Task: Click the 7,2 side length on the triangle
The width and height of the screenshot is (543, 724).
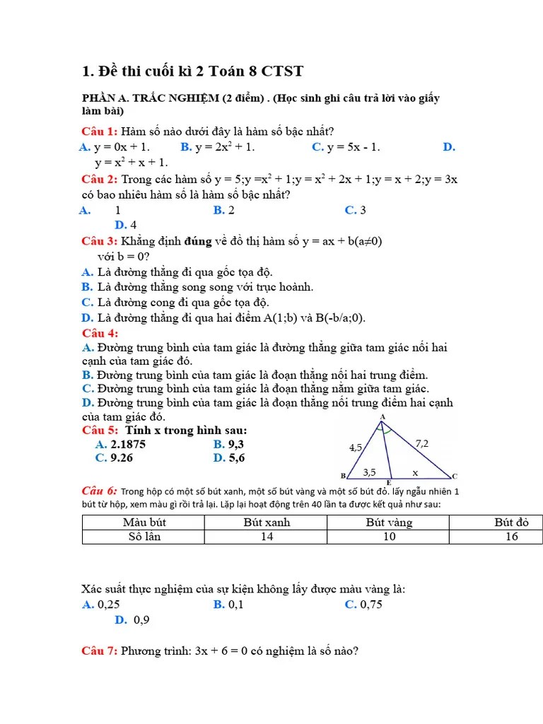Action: (x=422, y=443)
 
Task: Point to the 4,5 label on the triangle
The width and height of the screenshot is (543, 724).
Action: (x=356, y=448)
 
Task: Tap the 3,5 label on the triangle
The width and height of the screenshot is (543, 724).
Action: (x=369, y=472)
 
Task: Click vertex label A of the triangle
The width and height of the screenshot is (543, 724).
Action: (x=383, y=417)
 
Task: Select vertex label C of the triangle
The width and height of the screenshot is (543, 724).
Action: (x=455, y=476)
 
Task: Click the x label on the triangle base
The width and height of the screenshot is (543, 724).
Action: (x=415, y=472)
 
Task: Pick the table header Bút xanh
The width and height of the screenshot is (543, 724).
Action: (x=267, y=522)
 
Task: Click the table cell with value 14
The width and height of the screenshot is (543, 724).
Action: (x=267, y=537)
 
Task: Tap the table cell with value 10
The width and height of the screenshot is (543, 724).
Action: (x=389, y=537)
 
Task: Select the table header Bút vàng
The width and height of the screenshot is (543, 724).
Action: (x=389, y=522)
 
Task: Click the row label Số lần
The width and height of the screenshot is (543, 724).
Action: (x=144, y=537)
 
